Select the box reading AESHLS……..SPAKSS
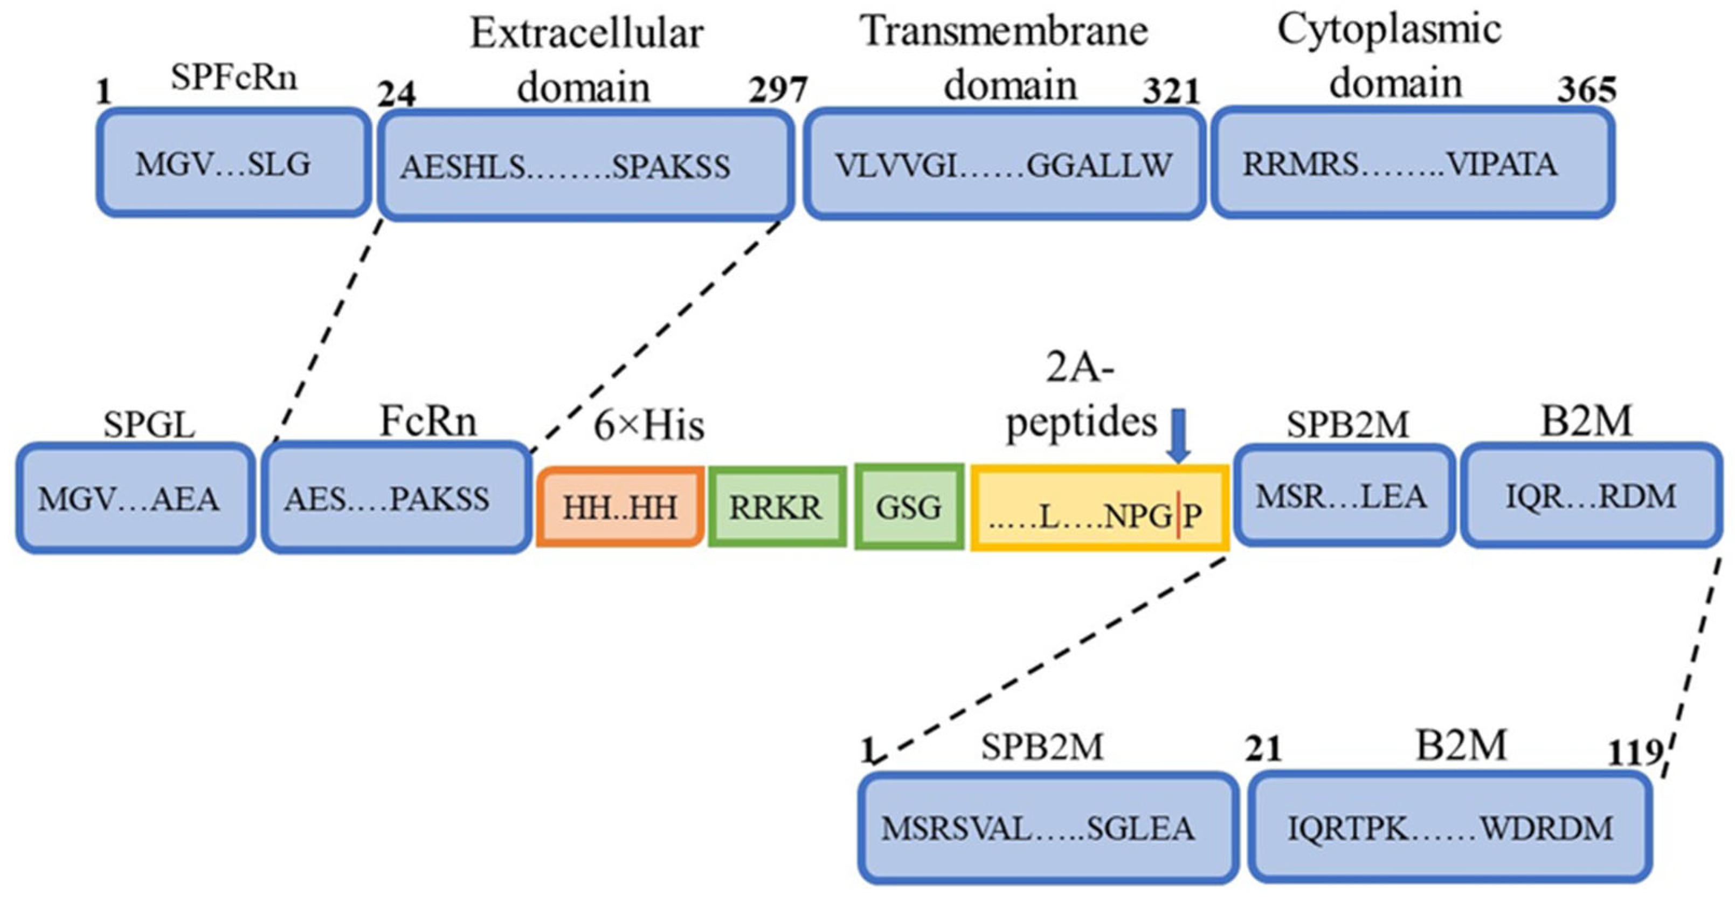coord(585,165)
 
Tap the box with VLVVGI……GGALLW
coord(1004,165)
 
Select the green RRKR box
coord(777,507)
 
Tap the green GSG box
coord(909,507)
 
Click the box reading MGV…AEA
coord(135,499)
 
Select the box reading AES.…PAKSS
coord(396,499)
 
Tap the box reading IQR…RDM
coord(1590,496)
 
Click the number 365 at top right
coord(1586,90)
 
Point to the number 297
coord(777,90)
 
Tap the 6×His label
coord(648,426)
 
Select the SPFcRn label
coord(233,78)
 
